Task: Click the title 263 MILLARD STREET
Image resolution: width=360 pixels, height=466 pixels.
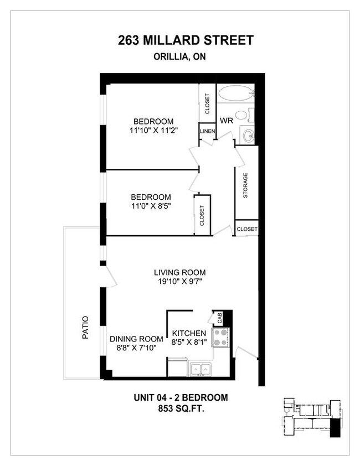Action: (186, 40)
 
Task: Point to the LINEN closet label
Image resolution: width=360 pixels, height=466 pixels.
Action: (208, 131)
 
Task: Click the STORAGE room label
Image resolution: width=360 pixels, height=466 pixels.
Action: (245, 186)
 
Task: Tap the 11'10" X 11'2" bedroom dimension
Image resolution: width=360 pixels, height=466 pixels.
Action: (153, 131)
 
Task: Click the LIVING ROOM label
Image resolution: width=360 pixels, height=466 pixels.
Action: (179, 272)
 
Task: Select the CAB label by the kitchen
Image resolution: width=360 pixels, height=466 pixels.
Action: (219, 318)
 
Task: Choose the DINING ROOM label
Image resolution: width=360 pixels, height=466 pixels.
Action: (136, 339)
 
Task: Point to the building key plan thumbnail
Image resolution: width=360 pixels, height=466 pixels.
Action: (311, 416)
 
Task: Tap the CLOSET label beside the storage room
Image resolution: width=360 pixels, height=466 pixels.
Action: (246, 229)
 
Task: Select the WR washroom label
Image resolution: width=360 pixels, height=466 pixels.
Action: (226, 121)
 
